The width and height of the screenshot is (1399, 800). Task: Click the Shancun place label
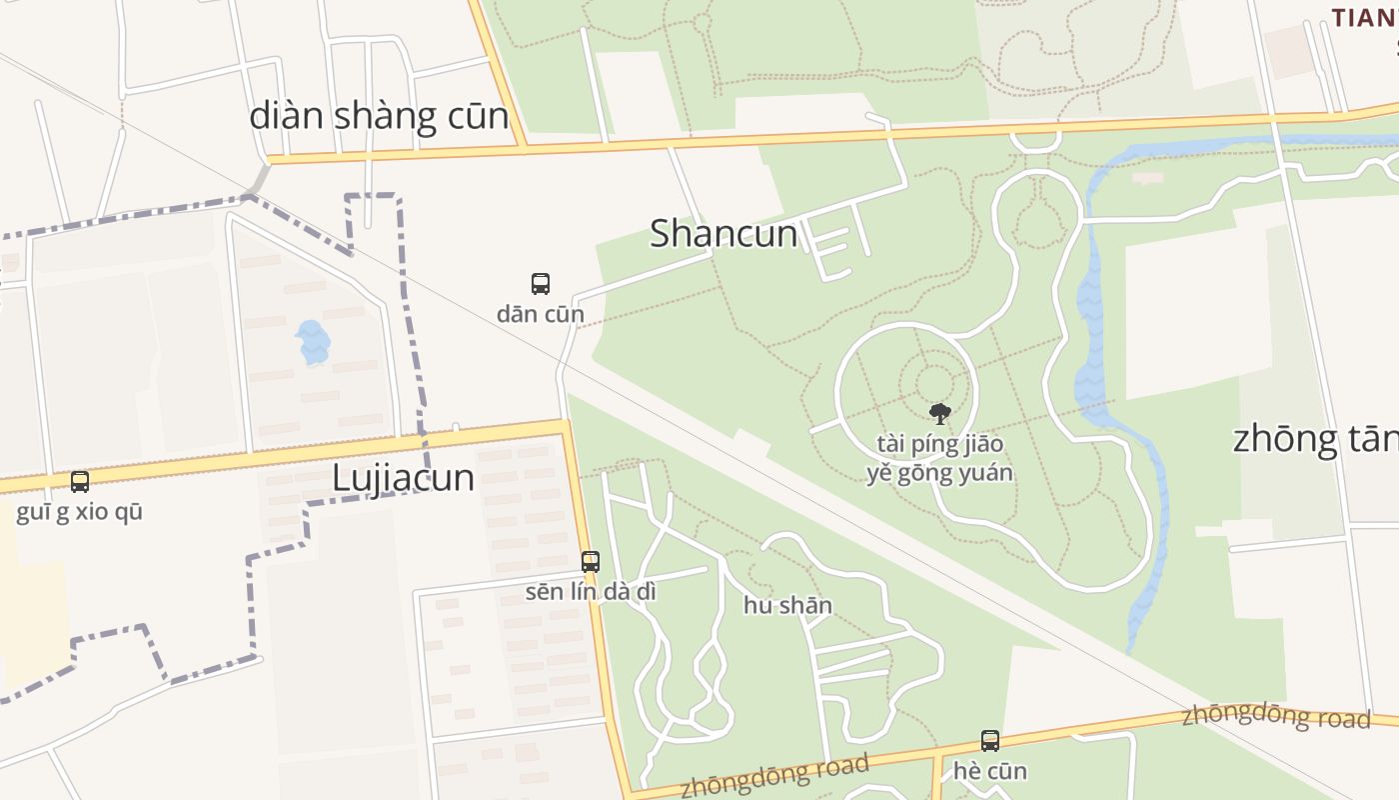coord(723,234)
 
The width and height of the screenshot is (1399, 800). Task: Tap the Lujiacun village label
coord(403,478)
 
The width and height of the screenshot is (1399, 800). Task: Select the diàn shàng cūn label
coord(379,116)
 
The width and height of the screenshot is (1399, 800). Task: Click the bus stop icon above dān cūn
coord(541,284)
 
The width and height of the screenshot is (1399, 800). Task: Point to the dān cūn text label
coord(541,314)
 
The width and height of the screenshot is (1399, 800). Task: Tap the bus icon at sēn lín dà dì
coord(591,562)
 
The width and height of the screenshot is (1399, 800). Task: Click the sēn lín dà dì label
coord(591,591)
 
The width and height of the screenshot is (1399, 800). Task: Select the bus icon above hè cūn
coord(989,741)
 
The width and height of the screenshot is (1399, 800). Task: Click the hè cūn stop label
coord(989,771)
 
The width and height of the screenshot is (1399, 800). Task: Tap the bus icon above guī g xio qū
coord(80,482)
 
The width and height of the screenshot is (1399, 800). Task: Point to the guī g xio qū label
coord(80,512)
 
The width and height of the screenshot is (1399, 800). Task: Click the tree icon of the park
coord(939,413)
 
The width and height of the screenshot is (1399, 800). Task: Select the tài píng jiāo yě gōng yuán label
coord(939,458)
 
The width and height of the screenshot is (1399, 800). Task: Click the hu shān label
coord(787,605)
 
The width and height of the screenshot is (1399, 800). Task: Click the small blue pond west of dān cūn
coord(312,342)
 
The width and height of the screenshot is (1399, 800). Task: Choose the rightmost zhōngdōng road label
coord(1275,717)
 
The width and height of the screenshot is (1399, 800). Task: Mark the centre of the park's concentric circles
coord(933,386)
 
